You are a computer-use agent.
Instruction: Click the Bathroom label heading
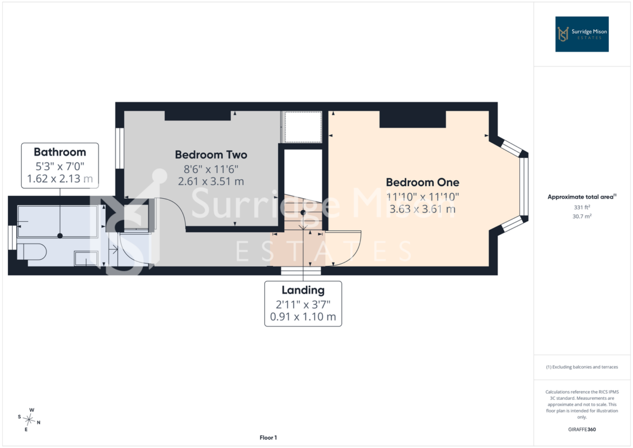60,152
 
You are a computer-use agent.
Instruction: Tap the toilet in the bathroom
31,251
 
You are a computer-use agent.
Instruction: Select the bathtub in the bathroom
57,221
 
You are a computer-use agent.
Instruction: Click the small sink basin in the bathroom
86,258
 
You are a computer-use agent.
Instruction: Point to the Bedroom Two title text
211,155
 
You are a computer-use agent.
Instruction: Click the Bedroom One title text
422,182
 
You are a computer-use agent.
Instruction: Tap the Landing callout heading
303,290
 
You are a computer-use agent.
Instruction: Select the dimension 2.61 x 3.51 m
211,181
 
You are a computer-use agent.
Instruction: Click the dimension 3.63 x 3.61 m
422,209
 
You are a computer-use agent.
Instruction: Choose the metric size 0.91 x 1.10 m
303,317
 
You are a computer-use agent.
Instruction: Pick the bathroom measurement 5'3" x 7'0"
60,166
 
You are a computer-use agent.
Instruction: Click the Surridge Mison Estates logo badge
582,34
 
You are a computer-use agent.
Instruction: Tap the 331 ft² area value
582,207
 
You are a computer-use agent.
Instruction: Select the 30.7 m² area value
582,216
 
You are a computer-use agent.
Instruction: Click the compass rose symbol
29,420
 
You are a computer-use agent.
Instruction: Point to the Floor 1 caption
268,437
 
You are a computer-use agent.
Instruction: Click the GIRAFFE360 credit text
582,430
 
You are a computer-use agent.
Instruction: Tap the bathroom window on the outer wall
12,237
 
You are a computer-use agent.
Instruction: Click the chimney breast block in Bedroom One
412,119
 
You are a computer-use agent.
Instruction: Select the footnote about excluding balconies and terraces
582,367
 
